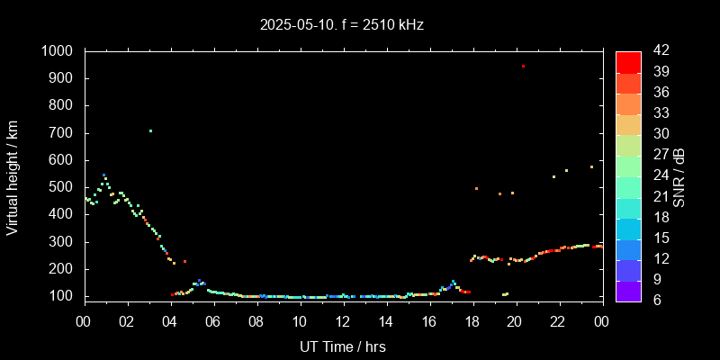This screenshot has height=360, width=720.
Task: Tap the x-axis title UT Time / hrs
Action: click(x=343, y=346)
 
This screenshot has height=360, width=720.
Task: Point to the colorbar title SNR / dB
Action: click(x=679, y=176)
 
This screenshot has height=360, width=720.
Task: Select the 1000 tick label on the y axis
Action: click(x=58, y=51)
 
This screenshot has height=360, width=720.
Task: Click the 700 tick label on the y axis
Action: click(x=64, y=133)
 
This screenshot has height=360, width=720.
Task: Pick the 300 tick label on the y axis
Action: click(x=64, y=242)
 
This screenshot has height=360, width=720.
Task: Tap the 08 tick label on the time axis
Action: click(x=256, y=321)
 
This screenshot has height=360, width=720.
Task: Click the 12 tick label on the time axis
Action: click(x=343, y=321)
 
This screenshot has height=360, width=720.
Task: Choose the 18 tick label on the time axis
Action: click(x=472, y=321)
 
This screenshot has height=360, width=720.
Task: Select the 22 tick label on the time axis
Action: click(x=559, y=321)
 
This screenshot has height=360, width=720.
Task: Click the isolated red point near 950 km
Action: click(x=523, y=66)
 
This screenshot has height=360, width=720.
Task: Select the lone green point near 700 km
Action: click(x=150, y=130)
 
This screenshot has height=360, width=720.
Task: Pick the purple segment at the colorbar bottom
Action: click(x=628, y=290)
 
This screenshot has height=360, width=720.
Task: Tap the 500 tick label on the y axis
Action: click(x=64, y=187)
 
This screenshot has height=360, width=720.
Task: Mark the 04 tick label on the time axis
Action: click(x=170, y=321)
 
